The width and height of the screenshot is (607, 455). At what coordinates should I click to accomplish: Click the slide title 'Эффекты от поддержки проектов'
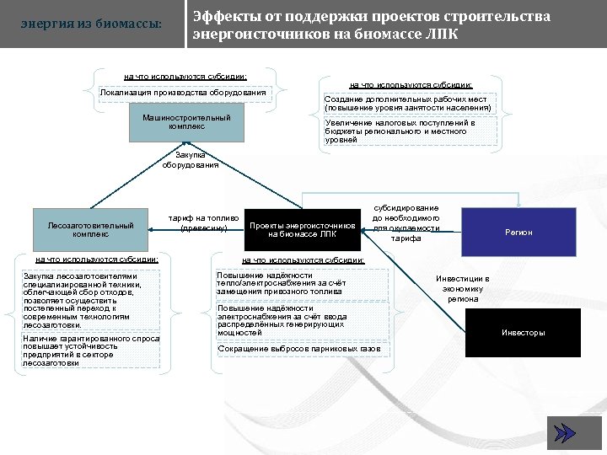(371, 17)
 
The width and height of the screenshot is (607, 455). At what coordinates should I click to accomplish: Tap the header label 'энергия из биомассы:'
(91, 24)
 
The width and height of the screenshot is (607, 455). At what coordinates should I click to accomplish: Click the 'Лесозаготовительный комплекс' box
(91, 229)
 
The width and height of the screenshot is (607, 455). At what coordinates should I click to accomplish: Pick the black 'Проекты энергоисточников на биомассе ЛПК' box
(303, 230)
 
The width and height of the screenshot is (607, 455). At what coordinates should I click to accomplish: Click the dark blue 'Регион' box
(518, 232)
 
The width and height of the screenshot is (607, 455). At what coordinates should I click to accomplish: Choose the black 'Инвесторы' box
(523, 333)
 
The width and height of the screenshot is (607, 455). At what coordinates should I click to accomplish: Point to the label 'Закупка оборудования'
(190, 160)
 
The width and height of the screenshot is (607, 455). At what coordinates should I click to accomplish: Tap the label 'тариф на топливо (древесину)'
(204, 223)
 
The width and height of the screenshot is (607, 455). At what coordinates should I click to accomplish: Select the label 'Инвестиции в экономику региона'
(463, 288)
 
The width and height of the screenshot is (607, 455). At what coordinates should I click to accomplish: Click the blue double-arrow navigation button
(562, 432)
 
